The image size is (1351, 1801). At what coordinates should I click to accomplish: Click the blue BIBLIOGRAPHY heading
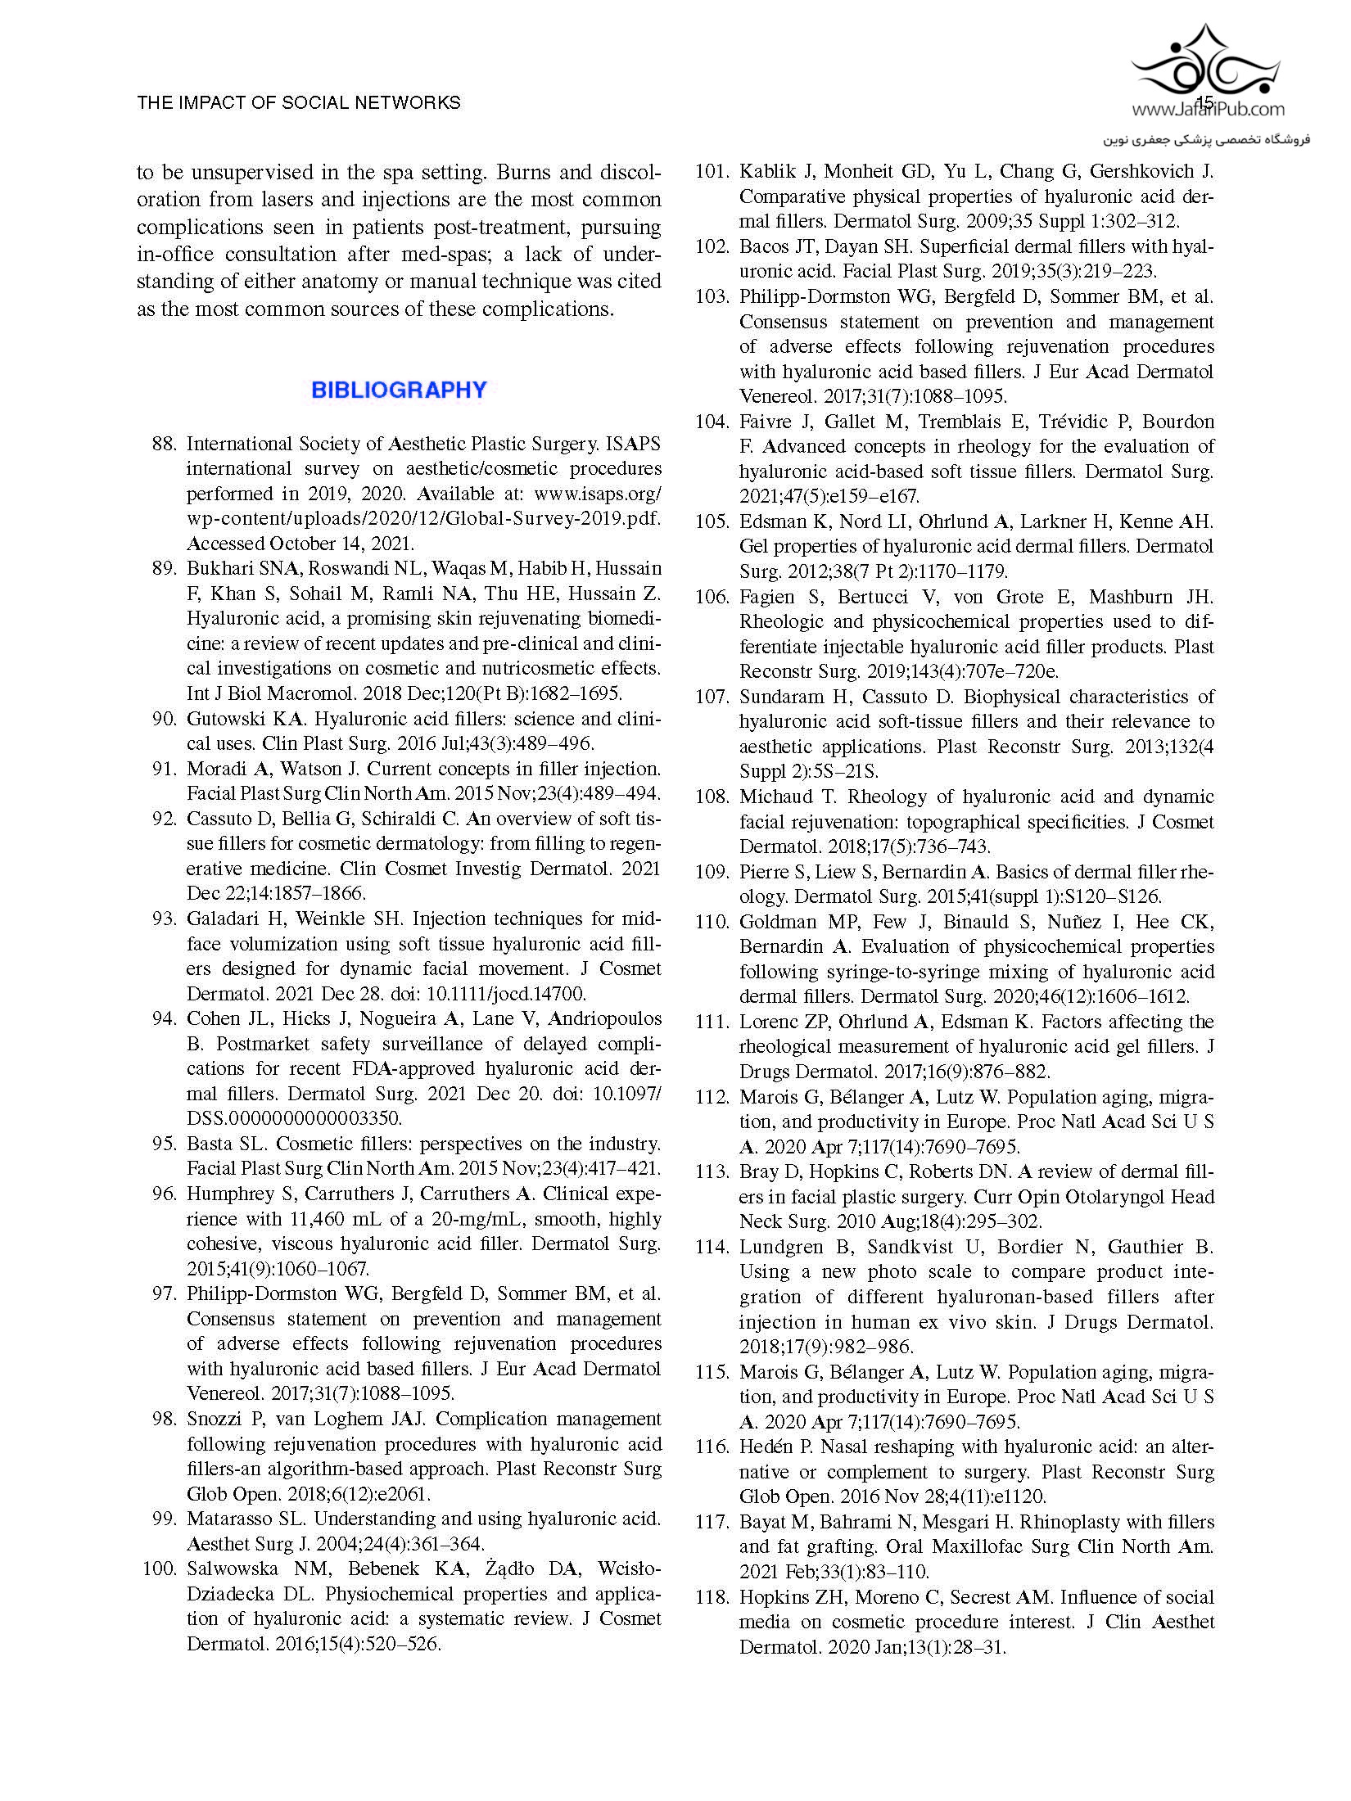(399, 390)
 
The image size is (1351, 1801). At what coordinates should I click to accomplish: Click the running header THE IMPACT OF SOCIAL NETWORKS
(299, 103)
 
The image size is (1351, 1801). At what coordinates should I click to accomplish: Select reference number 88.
(165, 444)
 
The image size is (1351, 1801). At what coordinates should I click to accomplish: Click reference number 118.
(712, 1596)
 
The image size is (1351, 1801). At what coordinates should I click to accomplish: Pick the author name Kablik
(767, 172)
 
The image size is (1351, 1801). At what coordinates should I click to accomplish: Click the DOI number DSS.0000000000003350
(294, 1118)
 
